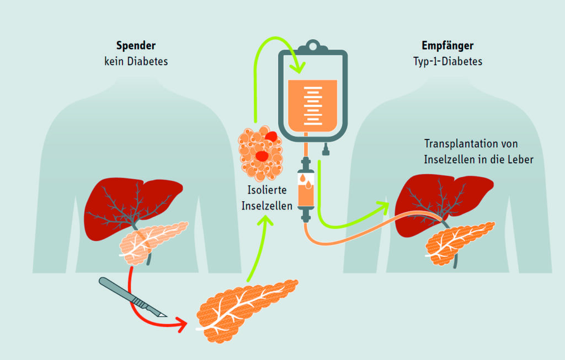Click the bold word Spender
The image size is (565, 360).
(136, 46)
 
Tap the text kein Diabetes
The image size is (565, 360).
(136, 61)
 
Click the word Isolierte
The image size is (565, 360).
(264, 192)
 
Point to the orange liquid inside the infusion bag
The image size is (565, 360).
(312, 105)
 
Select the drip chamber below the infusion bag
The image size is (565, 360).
(305, 187)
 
